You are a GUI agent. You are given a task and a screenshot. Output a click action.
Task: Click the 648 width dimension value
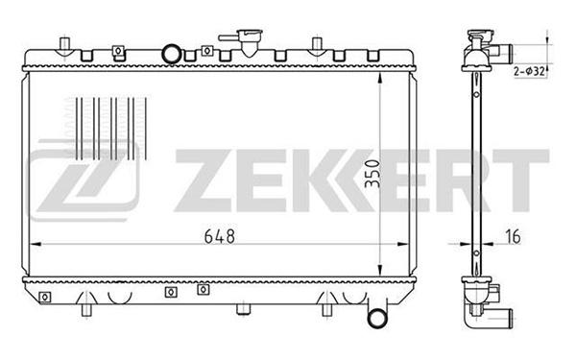219,236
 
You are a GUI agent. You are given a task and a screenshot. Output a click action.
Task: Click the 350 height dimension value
372,174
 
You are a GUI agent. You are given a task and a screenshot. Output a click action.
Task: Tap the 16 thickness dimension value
513,236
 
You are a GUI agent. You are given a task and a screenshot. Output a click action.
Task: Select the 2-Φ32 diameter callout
529,71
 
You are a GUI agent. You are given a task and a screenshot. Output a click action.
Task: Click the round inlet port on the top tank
172,54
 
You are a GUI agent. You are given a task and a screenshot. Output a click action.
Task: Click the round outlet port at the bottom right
377,318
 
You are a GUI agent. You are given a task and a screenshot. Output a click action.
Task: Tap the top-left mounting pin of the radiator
65,43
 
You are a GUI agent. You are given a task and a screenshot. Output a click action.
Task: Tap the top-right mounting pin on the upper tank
317,43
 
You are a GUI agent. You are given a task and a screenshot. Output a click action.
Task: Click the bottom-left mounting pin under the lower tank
86,310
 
